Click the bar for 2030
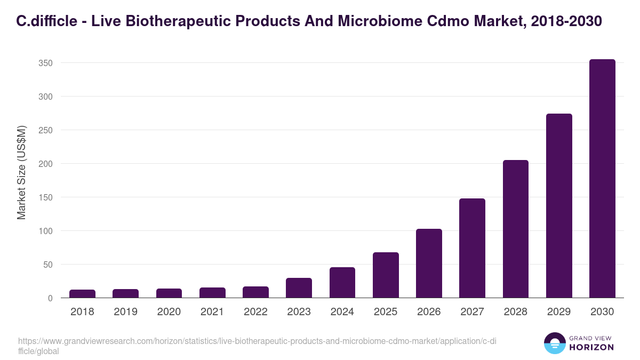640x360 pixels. (602, 179)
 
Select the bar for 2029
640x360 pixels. (559, 206)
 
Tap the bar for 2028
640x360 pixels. (516, 229)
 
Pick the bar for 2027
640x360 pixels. (472, 248)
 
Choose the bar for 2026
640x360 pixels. (429, 263)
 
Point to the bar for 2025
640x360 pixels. (386, 275)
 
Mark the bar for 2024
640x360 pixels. (342, 283)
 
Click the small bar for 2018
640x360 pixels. (82, 294)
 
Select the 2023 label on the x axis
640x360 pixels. (299, 312)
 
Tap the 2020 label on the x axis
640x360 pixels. (169, 312)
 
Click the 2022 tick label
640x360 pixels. (255, 312)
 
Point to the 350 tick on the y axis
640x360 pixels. (45, 63)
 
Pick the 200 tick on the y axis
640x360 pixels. (45, 164)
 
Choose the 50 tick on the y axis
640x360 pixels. (48, 265)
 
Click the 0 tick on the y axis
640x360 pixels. (50, 298)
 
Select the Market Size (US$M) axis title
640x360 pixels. (21, 173)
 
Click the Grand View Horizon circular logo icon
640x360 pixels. (555, 343)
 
